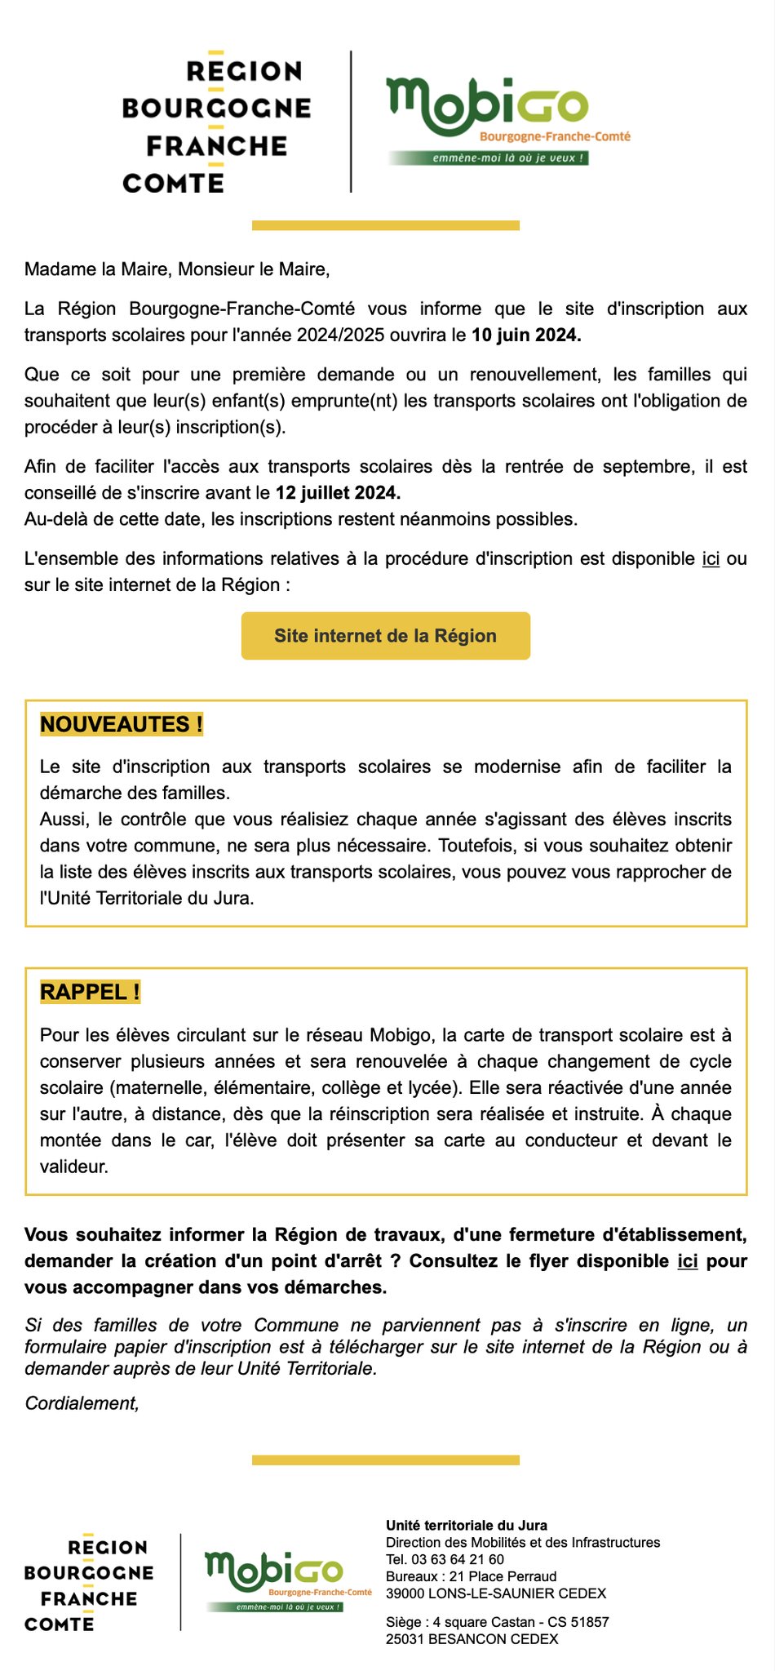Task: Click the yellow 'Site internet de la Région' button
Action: [385, 636]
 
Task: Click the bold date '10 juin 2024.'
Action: [526, 335]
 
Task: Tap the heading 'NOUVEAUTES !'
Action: [122, 724]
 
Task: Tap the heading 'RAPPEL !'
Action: [90, 992]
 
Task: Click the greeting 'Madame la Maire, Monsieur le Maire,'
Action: [177, 269]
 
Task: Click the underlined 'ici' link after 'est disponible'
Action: [711, 558]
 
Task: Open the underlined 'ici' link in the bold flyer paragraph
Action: [688, 1260]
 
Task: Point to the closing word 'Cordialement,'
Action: [82, 1402]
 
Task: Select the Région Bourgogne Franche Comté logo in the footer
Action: [89, 1584]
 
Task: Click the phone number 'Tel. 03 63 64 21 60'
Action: [445, 1559]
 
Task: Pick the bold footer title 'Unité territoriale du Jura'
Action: [466, 1525]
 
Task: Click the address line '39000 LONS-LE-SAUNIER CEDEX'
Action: [495, 1593]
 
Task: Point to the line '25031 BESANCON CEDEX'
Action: [472, 1639]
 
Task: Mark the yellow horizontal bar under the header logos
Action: [385, 225]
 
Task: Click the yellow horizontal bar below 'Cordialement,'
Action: [385, 1460]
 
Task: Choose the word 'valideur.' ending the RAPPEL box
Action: [73, 1167]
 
